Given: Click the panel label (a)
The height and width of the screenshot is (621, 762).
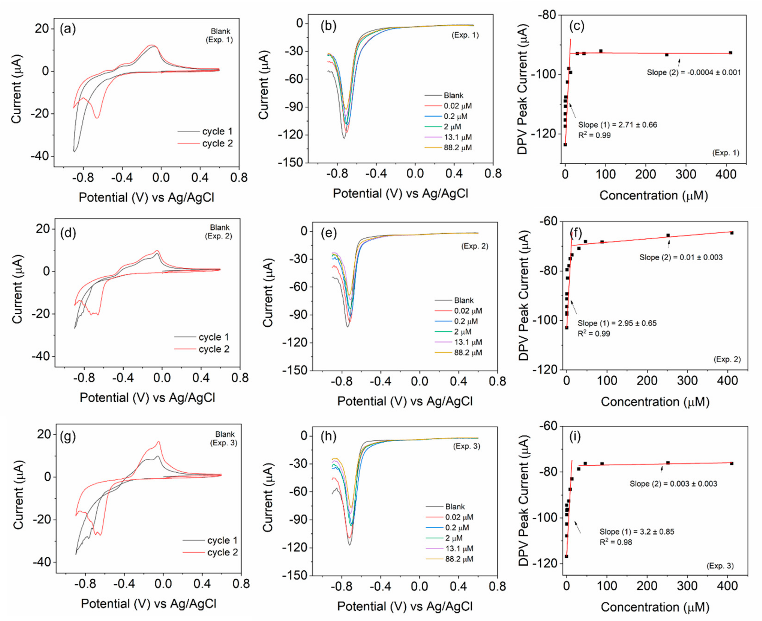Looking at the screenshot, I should (x=68, y=29).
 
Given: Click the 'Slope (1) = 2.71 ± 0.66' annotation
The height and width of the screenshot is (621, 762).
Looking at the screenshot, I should (x=617, y=125).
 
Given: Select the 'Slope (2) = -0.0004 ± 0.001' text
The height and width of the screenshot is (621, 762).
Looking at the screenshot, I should (x=694, y=73).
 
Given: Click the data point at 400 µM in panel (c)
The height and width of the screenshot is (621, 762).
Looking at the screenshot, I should (x=730, y=53).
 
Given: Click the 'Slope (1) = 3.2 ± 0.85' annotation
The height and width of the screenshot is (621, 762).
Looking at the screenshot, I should (x=637, y=532).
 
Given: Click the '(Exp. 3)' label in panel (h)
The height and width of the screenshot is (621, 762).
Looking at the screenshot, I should (x=466, y=446).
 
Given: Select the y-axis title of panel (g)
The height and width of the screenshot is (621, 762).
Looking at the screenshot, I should (x=18, y=495).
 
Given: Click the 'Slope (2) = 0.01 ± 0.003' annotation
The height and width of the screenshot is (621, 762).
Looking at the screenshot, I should (x=681, y=257).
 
